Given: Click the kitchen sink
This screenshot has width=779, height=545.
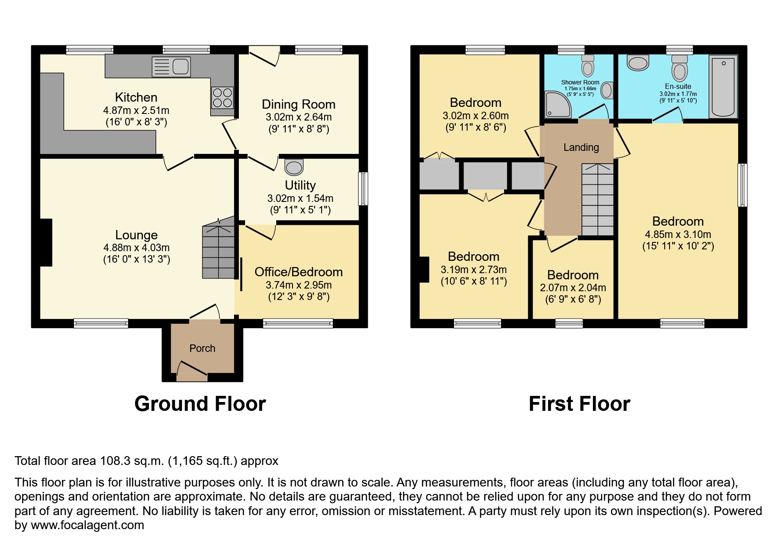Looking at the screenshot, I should coord(172,67).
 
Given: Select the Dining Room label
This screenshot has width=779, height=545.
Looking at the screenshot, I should coord(298,105).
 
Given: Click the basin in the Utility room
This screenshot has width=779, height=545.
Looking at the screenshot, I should coord(294,167).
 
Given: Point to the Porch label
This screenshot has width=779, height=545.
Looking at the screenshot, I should coord(202,348).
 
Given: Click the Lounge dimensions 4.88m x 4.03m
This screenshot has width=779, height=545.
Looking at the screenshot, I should coord(136,248).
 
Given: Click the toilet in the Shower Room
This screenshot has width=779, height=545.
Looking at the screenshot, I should coord(587,66).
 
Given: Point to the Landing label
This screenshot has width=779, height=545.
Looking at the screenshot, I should coord(581,147).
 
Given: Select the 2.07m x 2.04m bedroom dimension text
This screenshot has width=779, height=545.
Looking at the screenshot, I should coord(573,288).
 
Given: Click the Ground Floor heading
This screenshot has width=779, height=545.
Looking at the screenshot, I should coord(200,404).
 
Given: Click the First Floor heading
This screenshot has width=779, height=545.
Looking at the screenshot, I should coord(579,404).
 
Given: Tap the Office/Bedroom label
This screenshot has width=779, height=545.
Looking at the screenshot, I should coord(298,272).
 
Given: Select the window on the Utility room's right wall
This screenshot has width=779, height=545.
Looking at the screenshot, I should coord(363,189).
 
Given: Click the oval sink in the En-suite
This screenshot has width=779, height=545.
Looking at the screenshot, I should coord(638,63).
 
